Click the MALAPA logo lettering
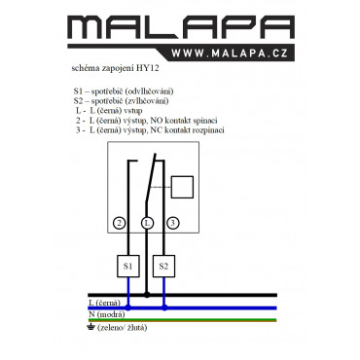click(x=181, y=27)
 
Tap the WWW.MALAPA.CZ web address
click(x=230, y=53)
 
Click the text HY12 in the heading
click(x=148, y=68)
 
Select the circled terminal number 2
click(x=120, y=223)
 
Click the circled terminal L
click(x=148, y=223)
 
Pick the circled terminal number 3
click(x=173, y=223)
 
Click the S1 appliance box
click(x=128, y=267)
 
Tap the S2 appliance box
click(x=163, y=267)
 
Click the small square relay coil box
click(x=182, y=187)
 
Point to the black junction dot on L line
click(x=147, y=295)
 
